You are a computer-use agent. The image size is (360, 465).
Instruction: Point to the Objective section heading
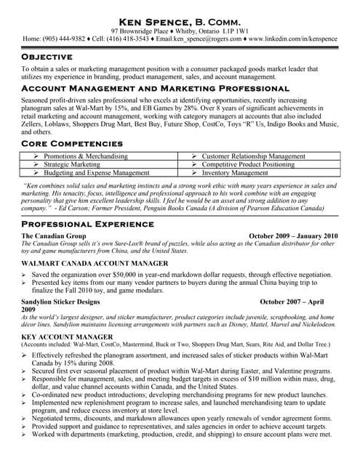(x=47, y=56)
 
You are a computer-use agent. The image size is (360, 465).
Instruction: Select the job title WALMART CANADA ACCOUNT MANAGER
(x=89, y=263)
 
